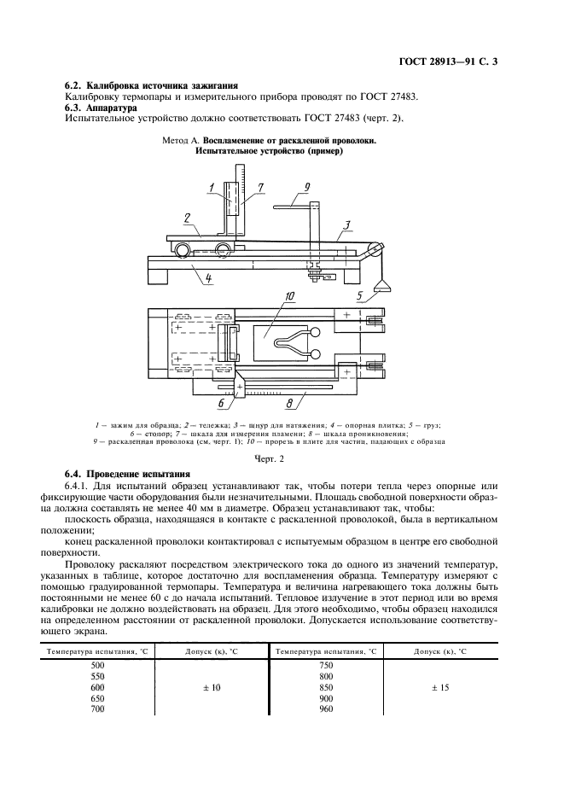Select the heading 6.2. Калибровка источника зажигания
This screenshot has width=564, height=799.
click(151, 86)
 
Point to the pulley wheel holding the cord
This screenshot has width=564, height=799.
click(372, 249)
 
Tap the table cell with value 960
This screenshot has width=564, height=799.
click(324, 709)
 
